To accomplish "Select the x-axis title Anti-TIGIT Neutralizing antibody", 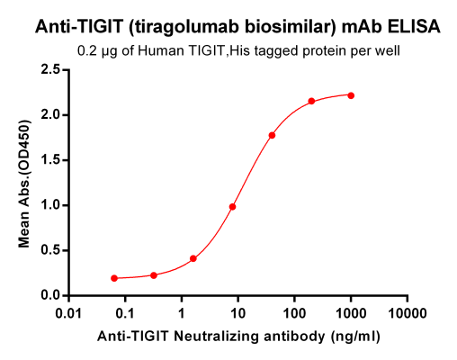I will [237, 336].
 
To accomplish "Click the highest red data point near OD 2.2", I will [351, 95].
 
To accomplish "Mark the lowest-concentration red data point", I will [114, 278].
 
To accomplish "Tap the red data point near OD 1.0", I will [232, 207].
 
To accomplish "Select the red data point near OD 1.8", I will [272, 135].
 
